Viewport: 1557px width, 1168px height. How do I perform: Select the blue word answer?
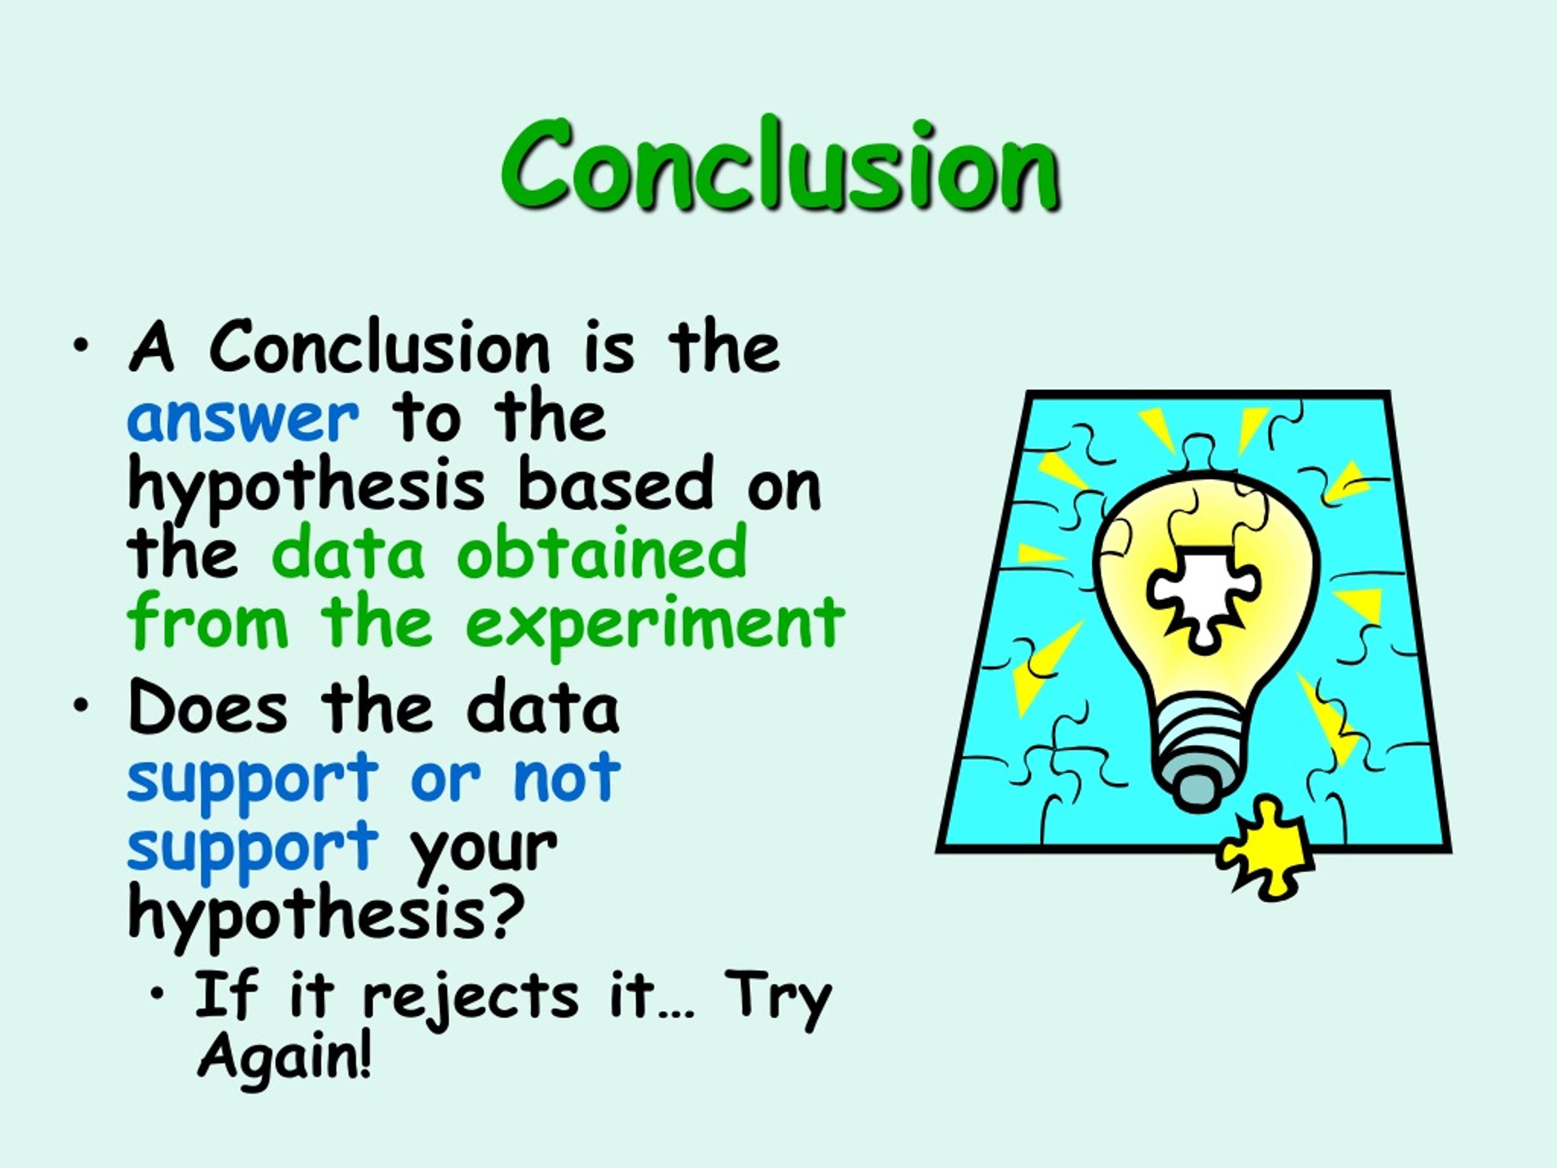tap(243, 420)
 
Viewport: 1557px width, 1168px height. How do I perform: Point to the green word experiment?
tap(654, 622)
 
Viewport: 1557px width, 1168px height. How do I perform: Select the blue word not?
tap(567, 777)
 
